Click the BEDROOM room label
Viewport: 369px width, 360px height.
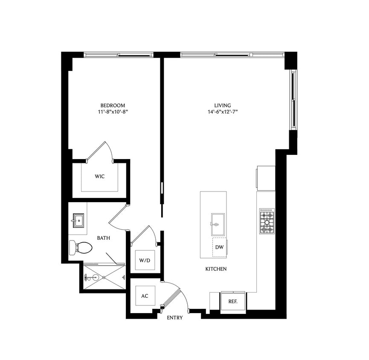click(x=113, y=105)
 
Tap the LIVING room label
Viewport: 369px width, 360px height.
click(x=223, y=105)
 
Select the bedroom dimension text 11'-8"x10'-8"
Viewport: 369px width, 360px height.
click(x=113, y=112)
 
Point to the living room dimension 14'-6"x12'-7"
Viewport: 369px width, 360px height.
click(x=223, y=112)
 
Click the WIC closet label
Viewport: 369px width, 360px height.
click(x=100, y=176)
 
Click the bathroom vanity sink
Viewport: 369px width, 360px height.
click(x=78, y=221)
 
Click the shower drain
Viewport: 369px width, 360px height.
click(x=96, y=277)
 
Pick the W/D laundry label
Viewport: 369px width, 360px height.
click(x=144, y=260)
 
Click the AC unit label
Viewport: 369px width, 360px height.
click(x=144, y=296)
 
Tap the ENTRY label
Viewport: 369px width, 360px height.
click(x=175, y=318)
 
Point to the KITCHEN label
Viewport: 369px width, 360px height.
click(x=216, y=269)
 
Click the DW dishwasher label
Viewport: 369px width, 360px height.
click(x=219, y=247)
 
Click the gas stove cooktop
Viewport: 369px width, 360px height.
click(x=267, y=221)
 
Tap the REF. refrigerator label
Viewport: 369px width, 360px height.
click(x=233, y=301)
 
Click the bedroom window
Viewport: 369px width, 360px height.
click(x=118, y=55)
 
